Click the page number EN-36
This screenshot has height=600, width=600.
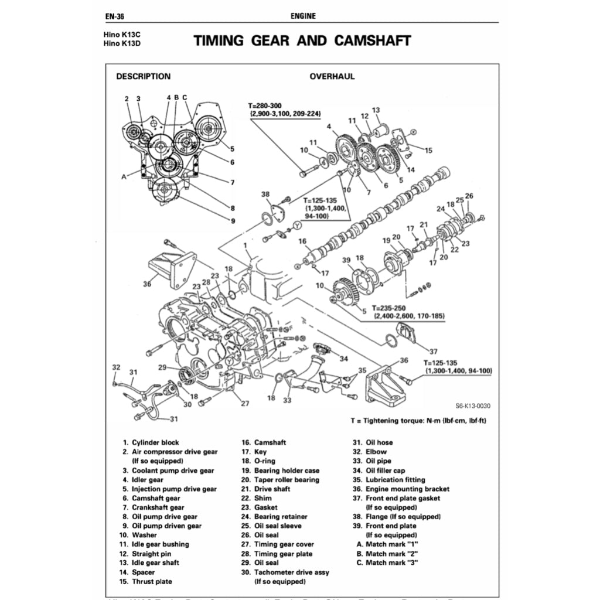click(115, 16)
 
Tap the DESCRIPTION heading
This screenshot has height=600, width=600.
click(144, 76)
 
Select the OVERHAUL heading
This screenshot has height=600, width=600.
click(332, 76)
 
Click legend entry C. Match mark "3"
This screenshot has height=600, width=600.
click(387, 562)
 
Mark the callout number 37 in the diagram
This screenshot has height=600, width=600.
click(433, 352)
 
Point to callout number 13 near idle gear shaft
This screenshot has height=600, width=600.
click(376, 110)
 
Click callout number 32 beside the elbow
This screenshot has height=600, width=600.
click(116, 367)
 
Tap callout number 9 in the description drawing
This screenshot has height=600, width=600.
click(233, 221)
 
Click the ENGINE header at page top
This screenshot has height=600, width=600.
click(303, 16)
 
